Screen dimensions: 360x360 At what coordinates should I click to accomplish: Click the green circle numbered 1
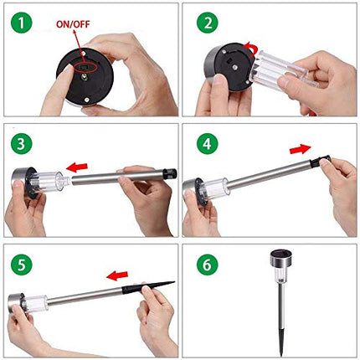pyautogui.click(x=22, y=23)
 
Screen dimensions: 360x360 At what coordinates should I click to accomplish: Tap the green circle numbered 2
pyautogui.click(x=208, y=23)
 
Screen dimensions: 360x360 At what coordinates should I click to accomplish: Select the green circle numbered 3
pyautogui.click(x=22, y=143)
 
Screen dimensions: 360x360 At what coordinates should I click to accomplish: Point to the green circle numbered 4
pyautogui.click(x=208, y=143)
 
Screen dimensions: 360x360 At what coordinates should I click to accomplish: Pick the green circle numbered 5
pyautogui.click(x=22, y=265)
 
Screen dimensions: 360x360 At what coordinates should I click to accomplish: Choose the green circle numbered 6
pyautogui.click(x=208, y=265)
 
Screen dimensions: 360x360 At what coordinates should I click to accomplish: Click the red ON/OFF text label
pyautogui.click(x=73, y=24)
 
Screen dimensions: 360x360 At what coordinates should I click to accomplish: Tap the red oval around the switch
pyautogui.click(x=85, y=67)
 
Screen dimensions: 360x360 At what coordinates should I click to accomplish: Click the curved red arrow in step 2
pyautogui.click(x=251, y=49)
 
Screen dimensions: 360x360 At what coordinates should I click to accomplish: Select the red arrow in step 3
pyautogui.click(x=77, y=167)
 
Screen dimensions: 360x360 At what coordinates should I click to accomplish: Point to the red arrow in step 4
pyautogui.click(x=301, y=149)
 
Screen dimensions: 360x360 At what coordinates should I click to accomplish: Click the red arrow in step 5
pyautogui.click(x=117, y=275)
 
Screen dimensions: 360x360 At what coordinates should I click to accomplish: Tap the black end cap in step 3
pyautogui.click(x=170, y=173)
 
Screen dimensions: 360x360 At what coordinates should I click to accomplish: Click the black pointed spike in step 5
pyautogui.click(x=148, y=287)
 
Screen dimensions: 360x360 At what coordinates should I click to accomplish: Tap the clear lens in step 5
pyautogui.click(x=35, y=303)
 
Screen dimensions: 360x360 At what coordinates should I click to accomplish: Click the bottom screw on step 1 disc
pyautogui.click(x=86, y=100)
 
